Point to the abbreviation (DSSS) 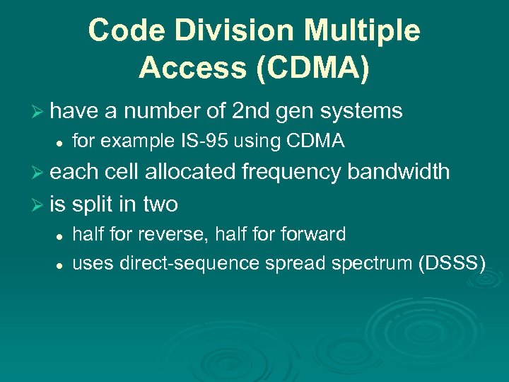coord(452,264)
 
